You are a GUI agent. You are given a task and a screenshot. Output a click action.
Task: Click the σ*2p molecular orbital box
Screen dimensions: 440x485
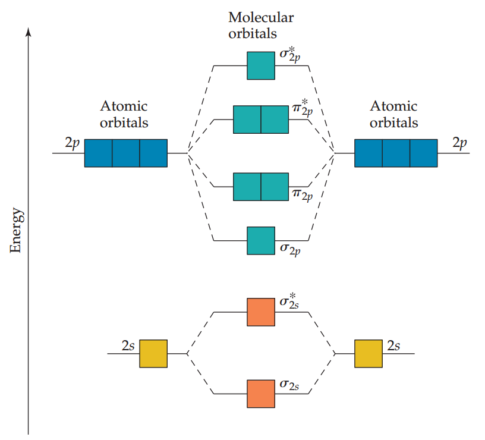click(261, 65)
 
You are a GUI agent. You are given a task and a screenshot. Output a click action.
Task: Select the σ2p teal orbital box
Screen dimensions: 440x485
click(261, 240)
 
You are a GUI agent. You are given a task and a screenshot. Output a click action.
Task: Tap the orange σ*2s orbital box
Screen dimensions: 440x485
click(261, 312)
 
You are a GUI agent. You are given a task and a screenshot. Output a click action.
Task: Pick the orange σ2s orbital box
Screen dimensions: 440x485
click(261, 394)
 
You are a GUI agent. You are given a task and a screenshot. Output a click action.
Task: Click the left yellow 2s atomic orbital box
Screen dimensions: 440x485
click(153, 354)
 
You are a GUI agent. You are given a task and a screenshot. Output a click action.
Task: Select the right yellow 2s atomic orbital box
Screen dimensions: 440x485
click(369, 354)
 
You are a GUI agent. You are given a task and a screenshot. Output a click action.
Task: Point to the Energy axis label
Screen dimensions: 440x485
click(16, 231)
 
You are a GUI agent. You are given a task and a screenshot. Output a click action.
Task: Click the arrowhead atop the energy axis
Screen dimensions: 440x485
click(28, 31)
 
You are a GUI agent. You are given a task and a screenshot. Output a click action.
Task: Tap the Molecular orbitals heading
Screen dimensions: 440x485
click(261, 25)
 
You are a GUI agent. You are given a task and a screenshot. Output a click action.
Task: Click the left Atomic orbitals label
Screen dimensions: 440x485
click(124, 115)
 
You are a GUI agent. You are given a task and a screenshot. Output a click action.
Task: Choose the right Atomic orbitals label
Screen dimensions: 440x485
click(393, 115)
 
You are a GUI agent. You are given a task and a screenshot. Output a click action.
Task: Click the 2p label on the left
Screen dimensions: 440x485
click(72, 144)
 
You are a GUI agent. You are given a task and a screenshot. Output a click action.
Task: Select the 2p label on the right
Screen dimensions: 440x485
click(459, 144)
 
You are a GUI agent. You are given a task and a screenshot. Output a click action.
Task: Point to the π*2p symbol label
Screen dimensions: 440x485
click(302, 111)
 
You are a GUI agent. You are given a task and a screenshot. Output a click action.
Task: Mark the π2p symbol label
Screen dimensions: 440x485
click(302, 195)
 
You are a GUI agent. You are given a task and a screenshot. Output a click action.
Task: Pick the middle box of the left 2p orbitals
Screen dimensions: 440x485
click(126, 153)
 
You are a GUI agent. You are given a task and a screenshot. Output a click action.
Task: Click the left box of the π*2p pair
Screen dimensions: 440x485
click(247, 119)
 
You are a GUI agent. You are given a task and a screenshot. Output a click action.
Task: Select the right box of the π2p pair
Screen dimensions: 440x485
click(275, 187)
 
